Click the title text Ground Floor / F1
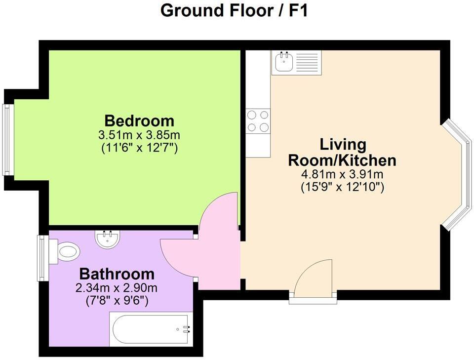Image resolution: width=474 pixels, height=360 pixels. (x=235, y=11)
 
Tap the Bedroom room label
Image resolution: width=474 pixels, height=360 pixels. (x=139, y=120)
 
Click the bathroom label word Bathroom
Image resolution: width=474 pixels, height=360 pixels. (x=117, y=274)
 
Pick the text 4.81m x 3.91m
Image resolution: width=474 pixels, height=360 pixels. (x=343, y=175)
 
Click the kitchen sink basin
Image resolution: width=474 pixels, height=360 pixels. (x=283, y=63)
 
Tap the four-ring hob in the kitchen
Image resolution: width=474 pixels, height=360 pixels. (x=258, y=121)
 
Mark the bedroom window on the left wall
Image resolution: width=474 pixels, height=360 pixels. (x=7, y=139)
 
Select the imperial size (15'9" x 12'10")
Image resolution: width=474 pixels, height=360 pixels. (x=343, y=188)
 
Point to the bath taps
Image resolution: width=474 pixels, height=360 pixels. (x=186, y=329)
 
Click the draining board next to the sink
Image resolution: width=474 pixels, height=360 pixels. (x=308, y=63)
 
